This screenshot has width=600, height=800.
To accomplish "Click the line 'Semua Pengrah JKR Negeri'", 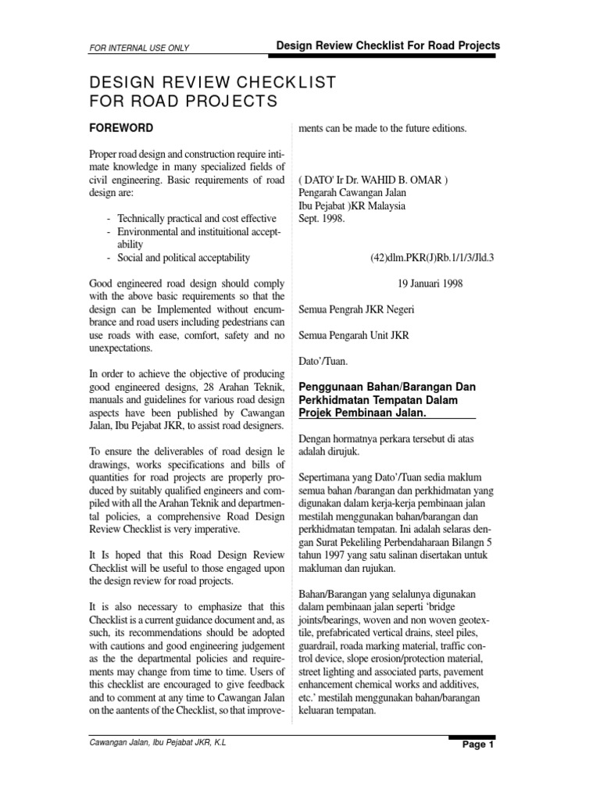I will pyautogui.click(x=357, y=309).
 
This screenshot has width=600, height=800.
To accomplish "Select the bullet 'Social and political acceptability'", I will pyautogui.click(x=184, y=257).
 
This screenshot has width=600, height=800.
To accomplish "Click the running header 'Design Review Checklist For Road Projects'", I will pyautogui.click(x=388, y=46).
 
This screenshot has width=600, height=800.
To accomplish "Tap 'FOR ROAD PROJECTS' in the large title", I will pyautogui.click(x=185, y=101).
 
